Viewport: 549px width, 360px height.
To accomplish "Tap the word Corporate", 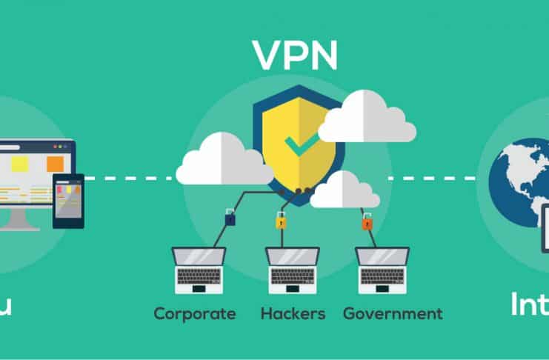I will pos(195,314).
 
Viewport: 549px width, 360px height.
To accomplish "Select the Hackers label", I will pos(293,314).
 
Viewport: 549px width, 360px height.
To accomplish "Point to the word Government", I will pos(393,314).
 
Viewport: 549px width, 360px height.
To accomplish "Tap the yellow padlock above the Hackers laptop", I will pos(281,221).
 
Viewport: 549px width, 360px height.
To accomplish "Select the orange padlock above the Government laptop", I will pos(366,221).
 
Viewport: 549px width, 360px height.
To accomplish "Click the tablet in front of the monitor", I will pos(68,201).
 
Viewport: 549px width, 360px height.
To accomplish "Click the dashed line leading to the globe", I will pos(436,178).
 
